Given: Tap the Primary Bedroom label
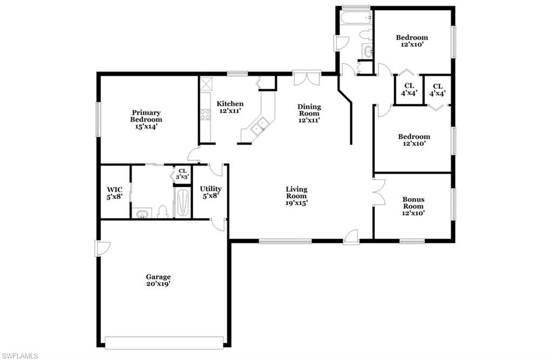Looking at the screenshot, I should tap(146, 120).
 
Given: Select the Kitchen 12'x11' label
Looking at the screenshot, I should tap(230, 107).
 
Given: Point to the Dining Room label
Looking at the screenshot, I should tap(309, 114).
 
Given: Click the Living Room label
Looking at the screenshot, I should tap(296, 196).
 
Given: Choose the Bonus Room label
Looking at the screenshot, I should tap(414, 206).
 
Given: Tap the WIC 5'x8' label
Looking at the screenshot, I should tap(114, 193).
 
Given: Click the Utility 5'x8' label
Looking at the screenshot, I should tap(211, 192).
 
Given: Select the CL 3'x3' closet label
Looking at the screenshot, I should tap(183, 174).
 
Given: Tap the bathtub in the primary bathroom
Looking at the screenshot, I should tap(182, 202).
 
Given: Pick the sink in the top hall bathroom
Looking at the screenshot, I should tap(368, 52).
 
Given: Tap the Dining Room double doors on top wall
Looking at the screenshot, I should tap(307, 78).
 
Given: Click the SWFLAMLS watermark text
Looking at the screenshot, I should tap(19, 356).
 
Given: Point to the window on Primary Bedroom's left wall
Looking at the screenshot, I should tap(98, 119).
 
